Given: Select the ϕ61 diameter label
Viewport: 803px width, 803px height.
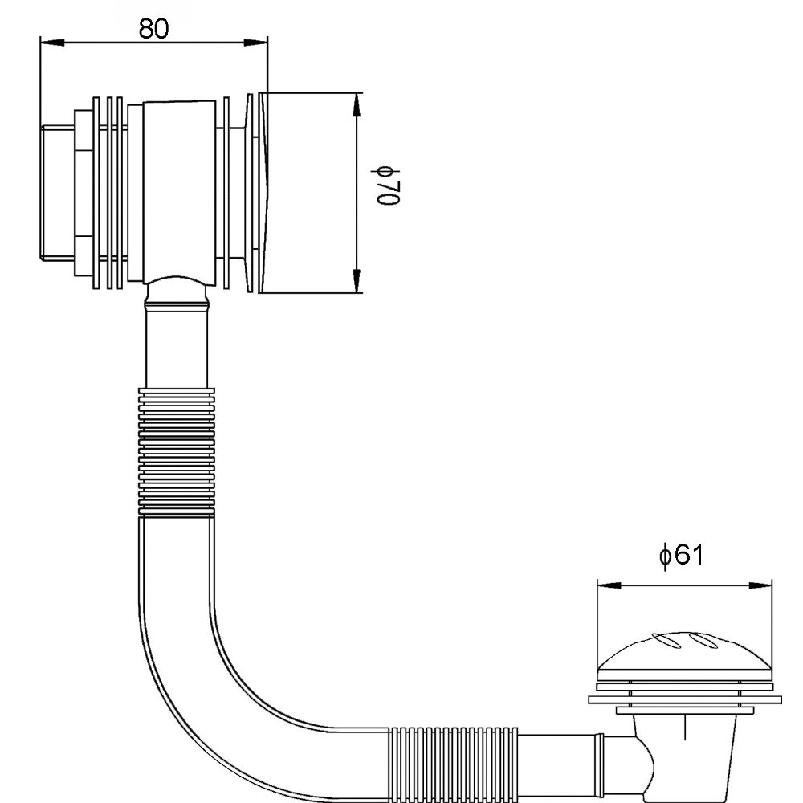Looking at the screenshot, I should (x=681, y=555).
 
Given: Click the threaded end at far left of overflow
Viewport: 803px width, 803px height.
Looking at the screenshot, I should (x=56, y=193).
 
